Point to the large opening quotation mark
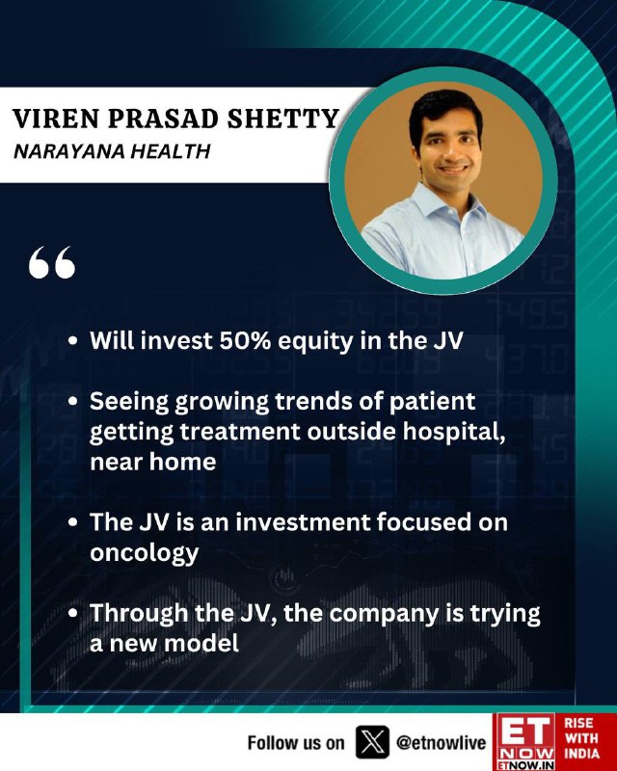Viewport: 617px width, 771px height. [x=52, y=262]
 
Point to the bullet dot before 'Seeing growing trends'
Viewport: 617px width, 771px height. [x=73, y=402]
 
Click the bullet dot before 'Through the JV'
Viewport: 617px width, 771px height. [x=73, y=613]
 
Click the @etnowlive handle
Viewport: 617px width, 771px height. [x=441, y=742]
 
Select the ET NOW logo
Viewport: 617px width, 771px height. [x=525, y=741]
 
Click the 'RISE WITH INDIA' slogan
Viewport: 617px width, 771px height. [x=581, y=738]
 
